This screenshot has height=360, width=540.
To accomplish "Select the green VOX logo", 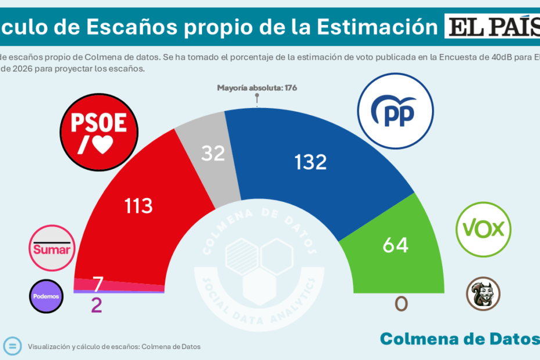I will pos(483,230).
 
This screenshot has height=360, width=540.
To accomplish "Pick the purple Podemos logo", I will pos(46,296).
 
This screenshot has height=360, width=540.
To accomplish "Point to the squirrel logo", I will pos(483,293).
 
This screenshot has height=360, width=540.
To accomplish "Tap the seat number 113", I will pos(139,205).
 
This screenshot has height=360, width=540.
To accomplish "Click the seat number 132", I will pos(311,162).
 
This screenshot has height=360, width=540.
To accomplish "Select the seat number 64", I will pos(395,245).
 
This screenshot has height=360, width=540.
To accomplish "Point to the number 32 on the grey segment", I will pos(213,153).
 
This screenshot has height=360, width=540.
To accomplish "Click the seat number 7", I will pos(98,284).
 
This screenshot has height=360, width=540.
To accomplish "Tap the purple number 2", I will pos(96,305).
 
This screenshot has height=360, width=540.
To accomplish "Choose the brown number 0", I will pos(401,304).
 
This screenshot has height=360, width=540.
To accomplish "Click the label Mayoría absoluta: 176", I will pos(257,88).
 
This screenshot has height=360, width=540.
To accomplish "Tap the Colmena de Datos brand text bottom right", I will pos(459,339).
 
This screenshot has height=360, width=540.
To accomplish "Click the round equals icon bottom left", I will pos(13,345).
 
